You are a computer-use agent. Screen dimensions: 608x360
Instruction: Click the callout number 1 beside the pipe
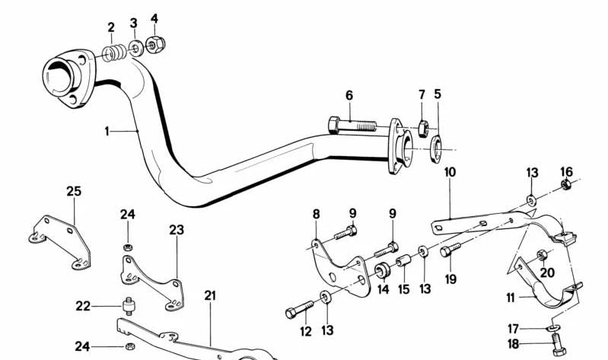[x=107, y=132]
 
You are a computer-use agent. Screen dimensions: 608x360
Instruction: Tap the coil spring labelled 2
[x=114, y=53]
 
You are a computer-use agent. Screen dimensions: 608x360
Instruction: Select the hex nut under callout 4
[x=156, y=45]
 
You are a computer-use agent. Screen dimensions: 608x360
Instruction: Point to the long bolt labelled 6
[x=352, y=126]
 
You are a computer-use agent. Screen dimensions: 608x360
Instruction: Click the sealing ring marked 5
[x=436, y=148]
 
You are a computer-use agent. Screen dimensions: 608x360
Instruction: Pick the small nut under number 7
[x=423, y=129]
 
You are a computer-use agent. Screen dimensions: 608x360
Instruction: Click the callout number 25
[x=74, y=191]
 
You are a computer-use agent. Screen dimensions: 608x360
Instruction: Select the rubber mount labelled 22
[x=128, y=306]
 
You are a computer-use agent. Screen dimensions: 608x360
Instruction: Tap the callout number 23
[x=177, y=230]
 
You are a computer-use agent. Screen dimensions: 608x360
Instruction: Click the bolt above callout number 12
[x=299, y=310]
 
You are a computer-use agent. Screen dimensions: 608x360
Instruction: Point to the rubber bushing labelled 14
[x=382, y=270]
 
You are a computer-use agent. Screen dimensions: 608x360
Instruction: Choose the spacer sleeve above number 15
[x=403, y=260]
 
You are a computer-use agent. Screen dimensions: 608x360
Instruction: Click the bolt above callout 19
[x=450, y=250]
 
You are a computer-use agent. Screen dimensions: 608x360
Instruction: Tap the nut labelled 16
[x=565, y=184]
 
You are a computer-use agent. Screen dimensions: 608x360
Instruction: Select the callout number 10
[x=450, y=172]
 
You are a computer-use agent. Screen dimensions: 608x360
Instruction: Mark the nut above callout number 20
[x=542, y=255]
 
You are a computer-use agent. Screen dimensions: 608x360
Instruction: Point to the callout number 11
[x=511, y=298]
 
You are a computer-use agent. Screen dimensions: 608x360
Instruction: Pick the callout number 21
[x=210, y=295]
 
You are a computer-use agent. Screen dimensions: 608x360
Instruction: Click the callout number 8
[x=317, y=214]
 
